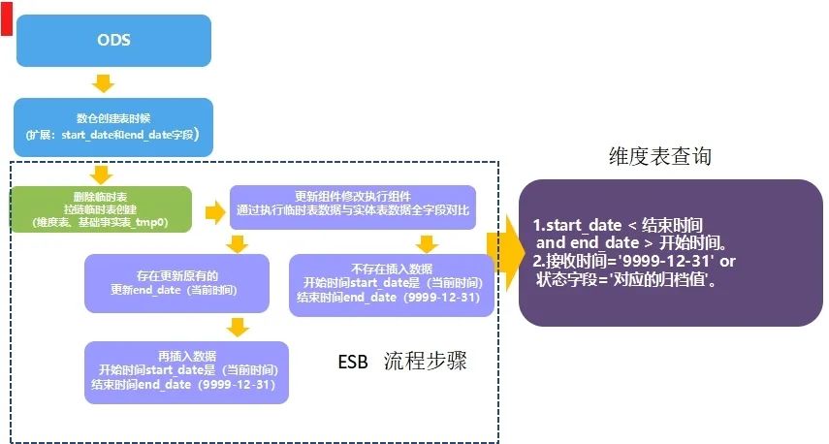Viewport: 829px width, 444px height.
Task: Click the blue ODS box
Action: [113, 41]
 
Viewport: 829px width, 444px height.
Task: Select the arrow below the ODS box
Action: [103, 81]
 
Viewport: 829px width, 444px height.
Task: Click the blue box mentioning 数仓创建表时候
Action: [112, 123]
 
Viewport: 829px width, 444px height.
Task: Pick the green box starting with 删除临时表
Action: [101, 209]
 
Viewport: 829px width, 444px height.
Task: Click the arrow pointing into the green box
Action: [100, 174]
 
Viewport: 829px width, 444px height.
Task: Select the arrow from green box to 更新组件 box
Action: [212, 210]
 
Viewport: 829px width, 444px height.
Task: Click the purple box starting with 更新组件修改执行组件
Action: [353, 202]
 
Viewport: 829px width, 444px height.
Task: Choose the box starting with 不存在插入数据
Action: [391, 283]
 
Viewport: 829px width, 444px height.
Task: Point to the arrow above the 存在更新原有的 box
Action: [235, 242]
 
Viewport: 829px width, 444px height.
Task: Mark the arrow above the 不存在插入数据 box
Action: [427, 242]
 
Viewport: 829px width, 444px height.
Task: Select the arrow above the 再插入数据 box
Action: [235, 326]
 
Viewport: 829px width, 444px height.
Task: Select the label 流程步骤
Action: [425, 363]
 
